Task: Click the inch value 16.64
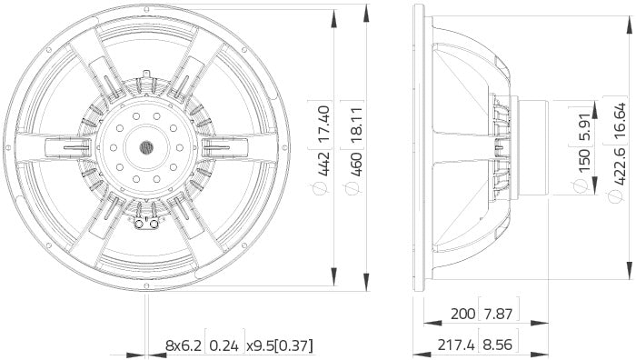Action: click(x=618, y=118)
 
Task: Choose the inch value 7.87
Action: click(x=499, y=315)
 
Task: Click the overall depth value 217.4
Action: click(x=457, y=345)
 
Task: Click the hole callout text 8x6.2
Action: click(x=184, y=345)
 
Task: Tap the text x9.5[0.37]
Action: click(x=279, y=345)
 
